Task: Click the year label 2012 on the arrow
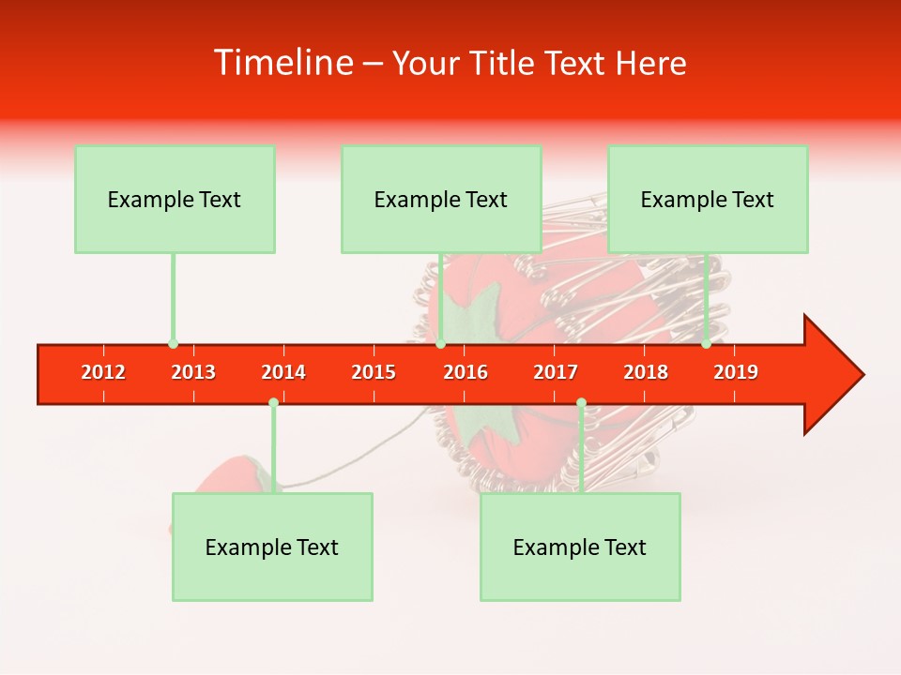[103, 372]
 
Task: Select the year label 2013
[193, 372]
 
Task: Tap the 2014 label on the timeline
[283, 372]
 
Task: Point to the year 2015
[374, 372]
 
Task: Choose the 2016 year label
[466, 372]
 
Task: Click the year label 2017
[556, 372]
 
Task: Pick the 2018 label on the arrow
[646, 372]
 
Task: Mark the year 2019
[736, 372]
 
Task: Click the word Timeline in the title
[282, 63]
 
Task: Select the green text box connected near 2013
[175, 199]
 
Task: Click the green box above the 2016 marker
[441, 199]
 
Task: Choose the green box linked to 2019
[708, 199]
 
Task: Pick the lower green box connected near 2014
[272, 547]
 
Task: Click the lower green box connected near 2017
[580, 547]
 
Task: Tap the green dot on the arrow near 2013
[173, 344]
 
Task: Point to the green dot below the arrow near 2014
[273, 403]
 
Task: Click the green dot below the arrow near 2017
[581, 403]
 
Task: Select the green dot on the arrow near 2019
[706, 344]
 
